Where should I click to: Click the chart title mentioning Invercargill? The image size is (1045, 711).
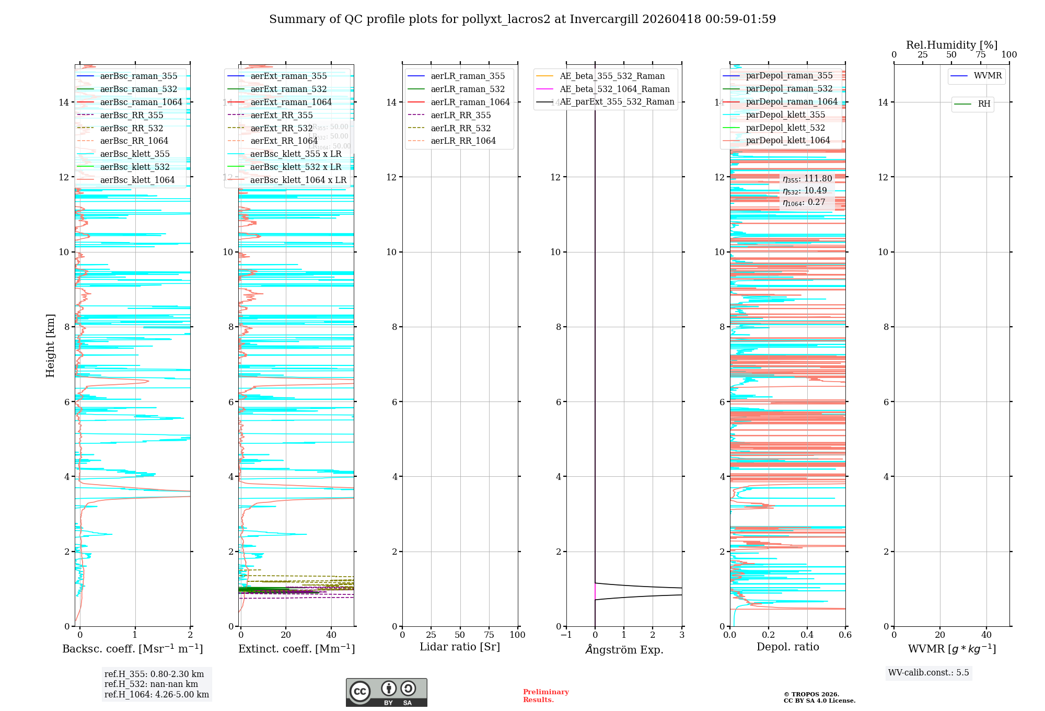[522, 19]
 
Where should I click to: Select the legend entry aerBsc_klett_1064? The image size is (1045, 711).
[137, 180]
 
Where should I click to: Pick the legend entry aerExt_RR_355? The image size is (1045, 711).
[281, 115]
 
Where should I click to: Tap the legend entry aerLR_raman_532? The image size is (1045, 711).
[467, 89]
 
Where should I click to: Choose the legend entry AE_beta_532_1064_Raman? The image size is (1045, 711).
[614, 89]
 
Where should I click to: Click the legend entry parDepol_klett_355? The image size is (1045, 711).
[785, 114]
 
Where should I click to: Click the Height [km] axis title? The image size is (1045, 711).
[50, 346]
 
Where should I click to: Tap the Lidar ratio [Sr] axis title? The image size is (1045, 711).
[460, 647]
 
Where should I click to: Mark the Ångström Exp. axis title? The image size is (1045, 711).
[624, 649]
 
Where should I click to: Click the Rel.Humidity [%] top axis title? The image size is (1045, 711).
[951, 45]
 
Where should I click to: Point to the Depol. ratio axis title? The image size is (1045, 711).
[787, 647]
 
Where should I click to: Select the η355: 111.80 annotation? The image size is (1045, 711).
[807, 179]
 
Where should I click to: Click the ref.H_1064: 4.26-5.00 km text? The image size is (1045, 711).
[157, 694]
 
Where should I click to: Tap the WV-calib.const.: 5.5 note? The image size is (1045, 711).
[928, 672]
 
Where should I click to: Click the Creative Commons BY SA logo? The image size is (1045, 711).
[386, 692]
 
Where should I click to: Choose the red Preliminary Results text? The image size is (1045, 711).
[545, 695]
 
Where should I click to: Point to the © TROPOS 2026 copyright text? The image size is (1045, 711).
[819, 697]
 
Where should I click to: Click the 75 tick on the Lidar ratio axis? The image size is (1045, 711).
[489, 635]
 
